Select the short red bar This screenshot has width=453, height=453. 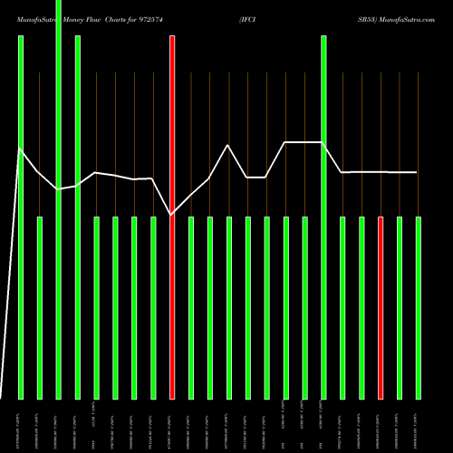click(381, 308)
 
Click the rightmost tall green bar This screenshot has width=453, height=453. click(324, 217)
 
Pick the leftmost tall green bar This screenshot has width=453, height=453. click(21, 217)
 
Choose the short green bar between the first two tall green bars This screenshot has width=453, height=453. click(40, 308)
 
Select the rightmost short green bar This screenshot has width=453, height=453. click(419, 308)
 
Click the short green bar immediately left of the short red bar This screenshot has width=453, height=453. click(361, 308)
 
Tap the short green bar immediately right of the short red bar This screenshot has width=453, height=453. click(400, 308)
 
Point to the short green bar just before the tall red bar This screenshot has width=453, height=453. click(153, 308)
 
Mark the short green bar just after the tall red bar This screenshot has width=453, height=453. click(191, 308)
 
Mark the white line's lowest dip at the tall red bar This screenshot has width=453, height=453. click(172, 215)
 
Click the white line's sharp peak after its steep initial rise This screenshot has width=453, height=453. click(21, 149)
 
